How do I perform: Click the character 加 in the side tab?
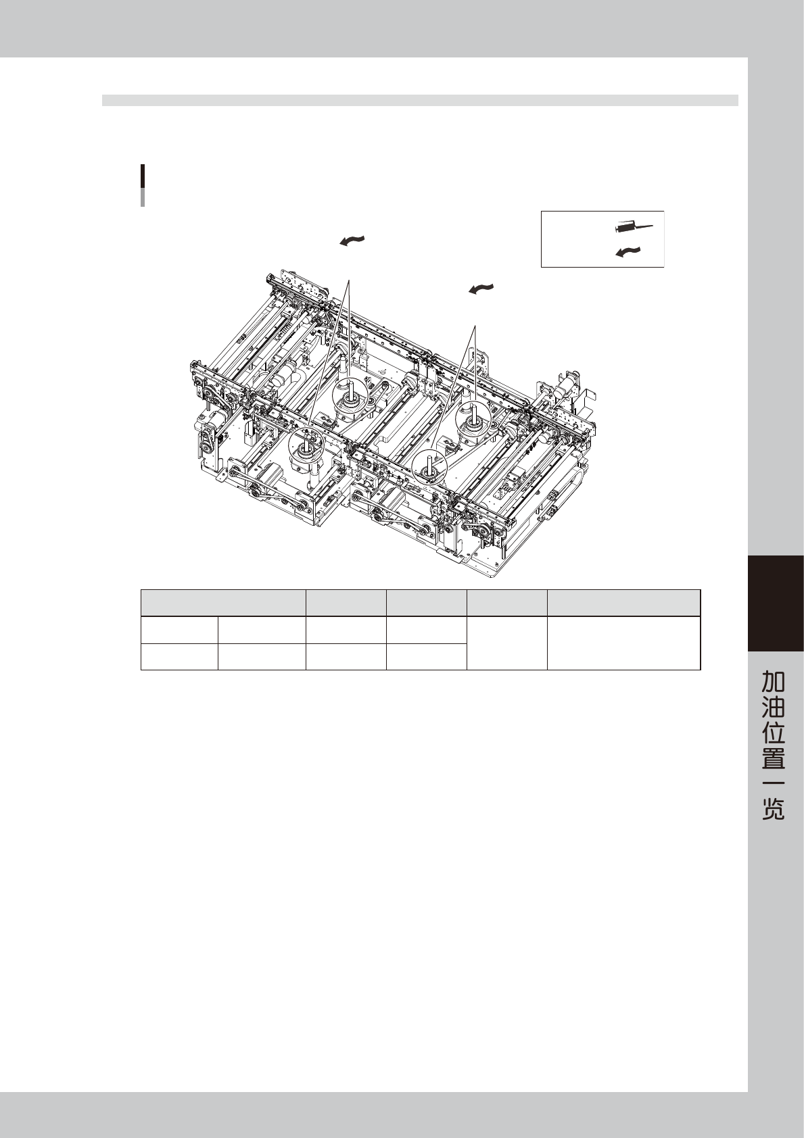[x=774, y=681]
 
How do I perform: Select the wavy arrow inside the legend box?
[x=628, y=252]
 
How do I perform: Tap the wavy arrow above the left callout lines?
[x=352, y=241]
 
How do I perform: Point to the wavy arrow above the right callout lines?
[x=481, y=289]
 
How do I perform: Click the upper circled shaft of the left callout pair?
[x=351, y=394]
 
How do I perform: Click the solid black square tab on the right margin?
[x=776, y=603]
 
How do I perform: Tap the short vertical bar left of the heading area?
[x=143, y=185]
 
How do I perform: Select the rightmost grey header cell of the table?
[x=623, y=603]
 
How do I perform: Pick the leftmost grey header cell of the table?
[x=223, y=603]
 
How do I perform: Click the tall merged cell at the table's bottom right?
[x=623, y=643]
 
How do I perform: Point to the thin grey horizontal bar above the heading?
[x=420, y=101]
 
